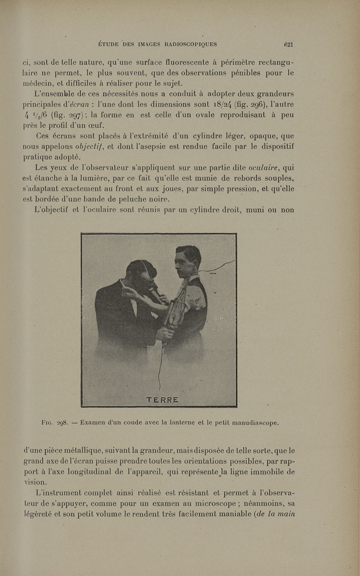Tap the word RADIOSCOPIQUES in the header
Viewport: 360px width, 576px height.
point(191,44)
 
